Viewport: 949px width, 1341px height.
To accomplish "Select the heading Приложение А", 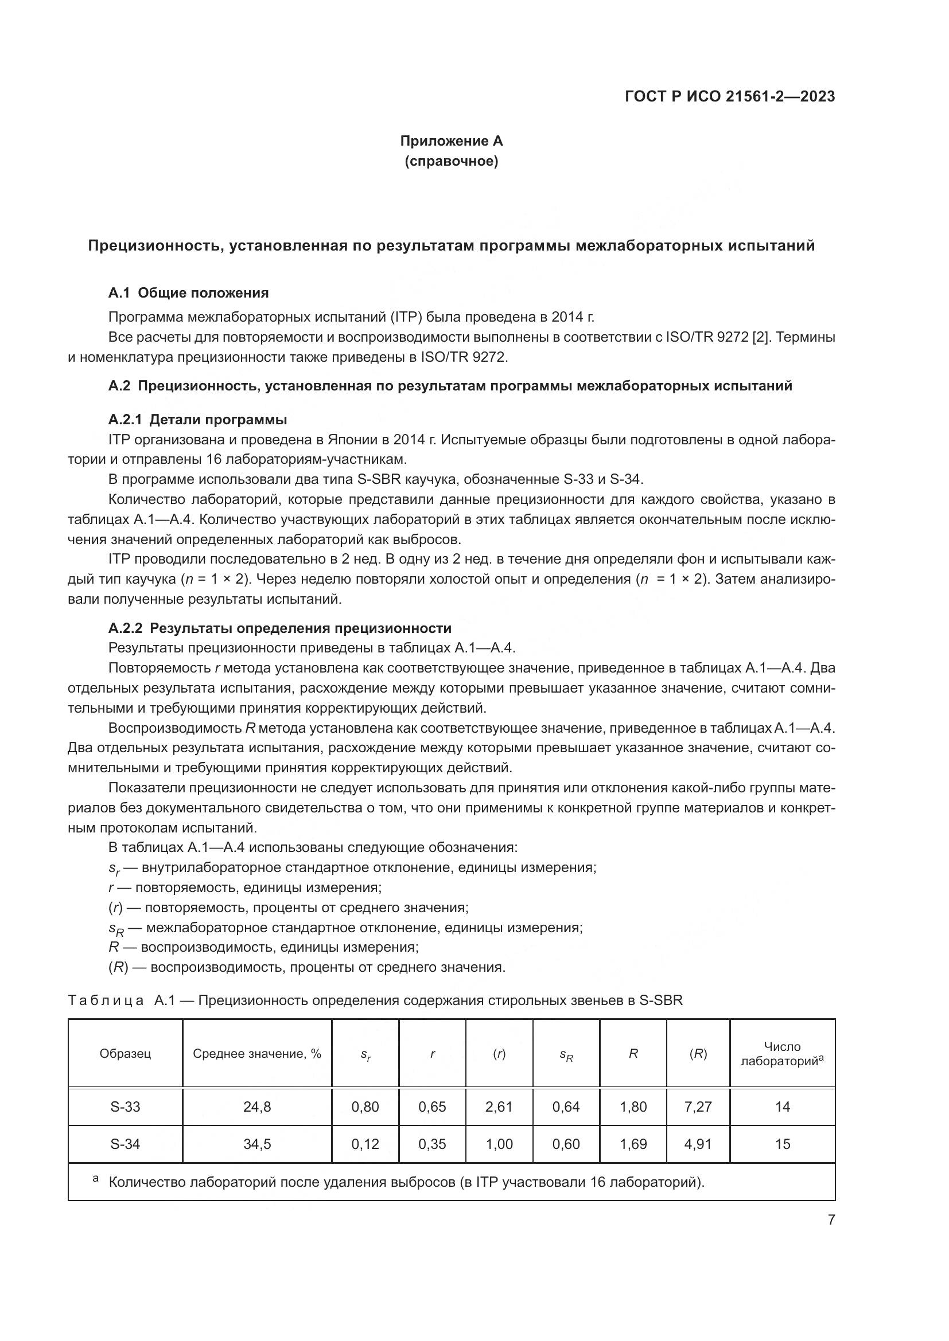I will coord(451,141).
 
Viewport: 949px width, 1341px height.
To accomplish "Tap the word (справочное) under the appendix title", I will coord(451,161).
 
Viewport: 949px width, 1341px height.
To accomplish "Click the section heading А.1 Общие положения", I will coord(188,292).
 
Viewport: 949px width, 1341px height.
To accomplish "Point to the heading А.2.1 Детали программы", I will coord(197,419).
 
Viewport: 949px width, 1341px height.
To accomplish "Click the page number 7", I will coord(831,1219).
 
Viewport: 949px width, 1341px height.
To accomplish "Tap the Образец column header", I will coord(125,1054).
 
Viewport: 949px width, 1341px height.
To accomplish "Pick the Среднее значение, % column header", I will coord(257,1054).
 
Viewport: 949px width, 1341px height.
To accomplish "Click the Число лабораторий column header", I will coord(782,1054).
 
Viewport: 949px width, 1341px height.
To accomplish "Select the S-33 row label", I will coord(125,1107).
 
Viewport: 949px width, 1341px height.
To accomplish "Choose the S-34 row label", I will coord(125,1144).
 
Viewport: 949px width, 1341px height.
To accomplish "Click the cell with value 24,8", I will coord(257,1107).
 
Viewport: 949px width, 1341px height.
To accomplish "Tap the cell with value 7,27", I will coord(698,1107).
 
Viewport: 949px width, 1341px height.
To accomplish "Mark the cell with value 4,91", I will coord(698,1144).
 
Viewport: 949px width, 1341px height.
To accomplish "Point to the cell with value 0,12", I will coord(365,1144).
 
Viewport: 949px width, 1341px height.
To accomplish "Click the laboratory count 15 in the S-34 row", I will coord(783,1144).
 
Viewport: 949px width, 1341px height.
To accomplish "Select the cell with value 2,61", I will coord(499,1107).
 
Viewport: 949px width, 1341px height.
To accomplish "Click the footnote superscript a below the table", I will coord(96,1179).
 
